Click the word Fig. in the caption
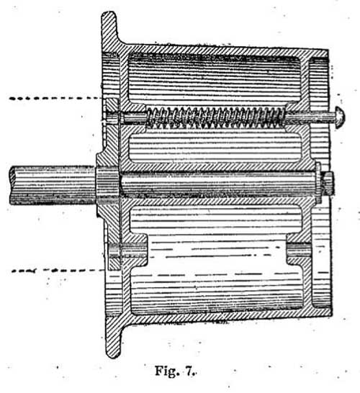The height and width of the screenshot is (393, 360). pyautogui.click(x=166, y=371)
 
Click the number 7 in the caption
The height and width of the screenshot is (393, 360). pyautogui.click(x=190, y=371)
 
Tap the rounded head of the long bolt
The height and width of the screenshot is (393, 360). pyautogui.click(x=340, y=117)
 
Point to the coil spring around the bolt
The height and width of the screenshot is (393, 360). pyautogui.click(x=215, y=117)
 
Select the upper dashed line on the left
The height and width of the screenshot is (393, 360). pyautogui.click(x=55, y=98)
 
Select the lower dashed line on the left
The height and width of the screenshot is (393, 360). pyautogui.click(x=58, y=271)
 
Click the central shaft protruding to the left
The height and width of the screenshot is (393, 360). pyautogui.click(x=53, y=186)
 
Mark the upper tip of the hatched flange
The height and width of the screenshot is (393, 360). pyautogui.click(x=109, y=12)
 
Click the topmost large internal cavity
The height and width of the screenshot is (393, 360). pyautogui.click(x=215, y=78)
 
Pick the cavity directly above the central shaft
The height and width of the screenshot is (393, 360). pyautogui.click(x=215, y=148)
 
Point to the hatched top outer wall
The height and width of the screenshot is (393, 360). pyautogui.click(x=225, y=49)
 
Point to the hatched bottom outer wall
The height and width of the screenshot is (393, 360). pyautogui.click(x=225, y=318)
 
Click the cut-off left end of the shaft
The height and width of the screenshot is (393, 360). pyautogui.click(x=12, y=186)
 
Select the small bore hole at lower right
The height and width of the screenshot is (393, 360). pyautogui.click(x=299, y=250)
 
